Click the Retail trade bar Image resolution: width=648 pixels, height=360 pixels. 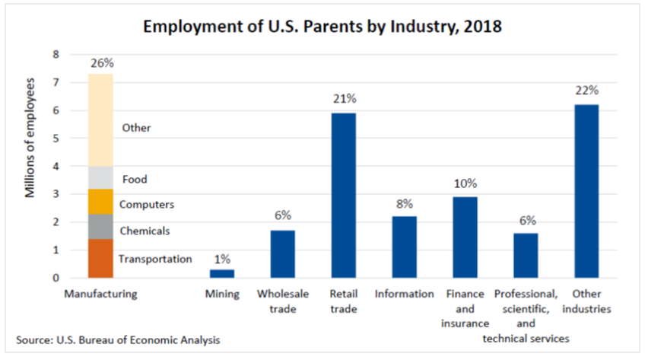click(x=343, y=196)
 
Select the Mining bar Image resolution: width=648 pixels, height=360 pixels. click(x=222, y=273)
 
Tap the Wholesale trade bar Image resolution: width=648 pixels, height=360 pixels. click(x=283, y=254)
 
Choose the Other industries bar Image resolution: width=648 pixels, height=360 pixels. click(x=586, y=192)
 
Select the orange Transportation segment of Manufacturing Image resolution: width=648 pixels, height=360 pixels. click(x=100, y=259)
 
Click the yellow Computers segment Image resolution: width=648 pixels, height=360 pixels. click(x=100, y=202)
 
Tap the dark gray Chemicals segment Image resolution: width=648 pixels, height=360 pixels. click(x=100, y=227)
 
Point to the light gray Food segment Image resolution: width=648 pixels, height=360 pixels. click(x=100, y=178)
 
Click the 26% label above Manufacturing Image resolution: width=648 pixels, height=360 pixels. click(x=101, y=63)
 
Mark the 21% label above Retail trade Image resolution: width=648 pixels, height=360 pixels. click(x=344, y=99)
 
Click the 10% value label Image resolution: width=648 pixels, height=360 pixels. click(x=465, y=183)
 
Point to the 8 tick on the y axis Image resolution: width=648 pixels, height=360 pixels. click(x=55, y=55)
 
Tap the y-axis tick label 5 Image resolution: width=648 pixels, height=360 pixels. click(x=55, y=139)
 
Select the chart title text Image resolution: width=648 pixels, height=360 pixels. click(x=323, y=26)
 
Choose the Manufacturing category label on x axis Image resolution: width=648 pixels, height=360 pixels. click(x=100, y=294)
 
